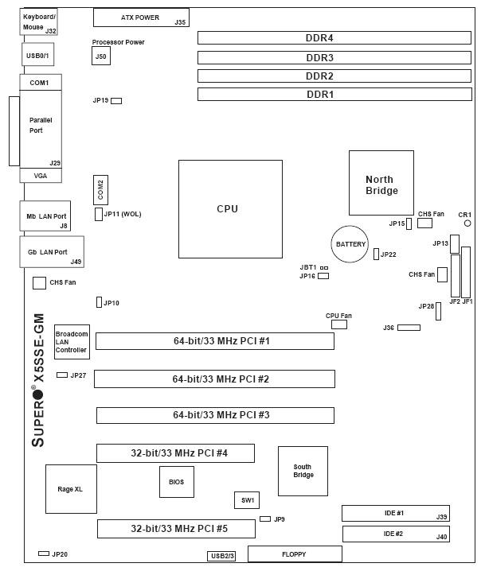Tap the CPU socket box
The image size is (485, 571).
point(230,209)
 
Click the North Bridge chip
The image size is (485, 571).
point(381,185)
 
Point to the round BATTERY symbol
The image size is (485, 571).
point(351,244)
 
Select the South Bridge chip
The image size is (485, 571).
point(303,471)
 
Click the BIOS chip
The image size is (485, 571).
point(176,482)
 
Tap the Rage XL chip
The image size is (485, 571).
point(71,488)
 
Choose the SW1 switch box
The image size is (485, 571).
point(247,500)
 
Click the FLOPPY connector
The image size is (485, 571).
point(295,554)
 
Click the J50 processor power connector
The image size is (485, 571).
point(100,56)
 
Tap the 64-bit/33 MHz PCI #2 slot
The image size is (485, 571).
point(214,379)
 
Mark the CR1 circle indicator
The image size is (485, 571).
point(467,223)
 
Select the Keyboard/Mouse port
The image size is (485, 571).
point(39,22)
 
